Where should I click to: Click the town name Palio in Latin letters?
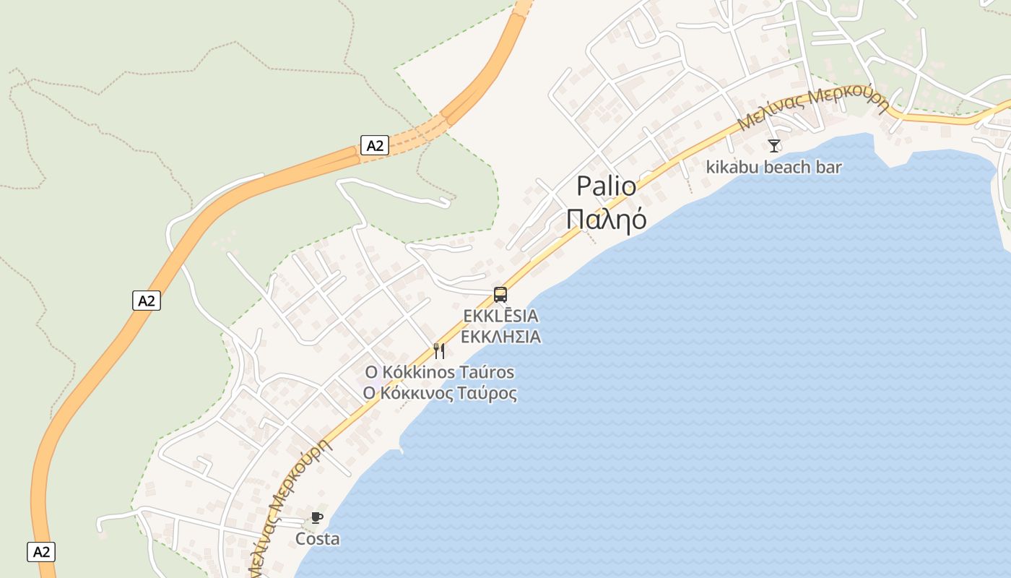click(x=607, y=186)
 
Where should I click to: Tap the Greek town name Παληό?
click(x=607, y=218)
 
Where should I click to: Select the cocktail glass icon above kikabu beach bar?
click(x=774, y=146)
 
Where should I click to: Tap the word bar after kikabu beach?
click(x=830, y=168)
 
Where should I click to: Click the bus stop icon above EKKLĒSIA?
click(x=500, y=294)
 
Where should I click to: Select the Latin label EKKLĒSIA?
click(x=500, y=316)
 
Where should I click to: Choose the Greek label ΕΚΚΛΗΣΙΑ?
click(x=500, y=337)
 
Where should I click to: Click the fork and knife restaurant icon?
click(x=439, y=351)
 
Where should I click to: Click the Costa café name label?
click(x=317, y=539)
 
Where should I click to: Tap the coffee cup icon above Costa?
click(x=316, y=517)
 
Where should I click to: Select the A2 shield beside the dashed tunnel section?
click(x=375, y=146)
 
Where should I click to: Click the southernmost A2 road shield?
click(x=42, y=552)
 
